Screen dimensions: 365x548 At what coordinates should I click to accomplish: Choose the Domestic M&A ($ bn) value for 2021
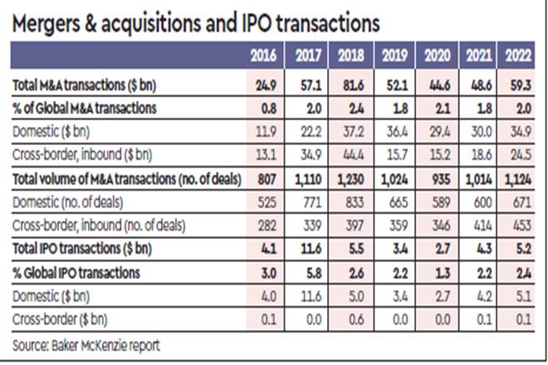tap(476, 131)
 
